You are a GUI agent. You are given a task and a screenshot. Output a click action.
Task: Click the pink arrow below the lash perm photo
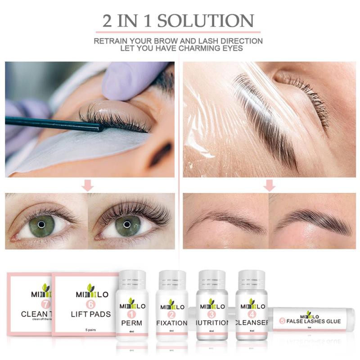coord(89,185)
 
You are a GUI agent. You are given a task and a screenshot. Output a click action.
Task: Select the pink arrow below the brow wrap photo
coord(270,185)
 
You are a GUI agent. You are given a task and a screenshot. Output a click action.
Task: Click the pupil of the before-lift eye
coord(41,224)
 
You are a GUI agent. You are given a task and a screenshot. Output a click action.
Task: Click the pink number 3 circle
coord(211,315)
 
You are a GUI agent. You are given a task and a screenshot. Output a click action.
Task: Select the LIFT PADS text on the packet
coord(90,314)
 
